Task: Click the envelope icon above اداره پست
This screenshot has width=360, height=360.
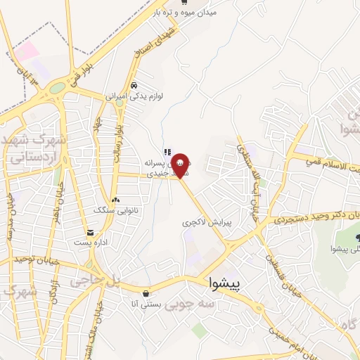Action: (x=90, y=233)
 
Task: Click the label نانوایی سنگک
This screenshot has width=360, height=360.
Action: (x=114, y=210)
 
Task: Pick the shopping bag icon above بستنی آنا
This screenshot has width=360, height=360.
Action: (x=145, y=293)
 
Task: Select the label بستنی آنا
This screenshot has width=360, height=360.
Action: (x=146, y=304)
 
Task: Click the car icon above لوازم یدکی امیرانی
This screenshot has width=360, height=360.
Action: (x=143, y=85)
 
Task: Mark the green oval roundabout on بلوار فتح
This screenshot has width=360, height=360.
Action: (x=57, y=89)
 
